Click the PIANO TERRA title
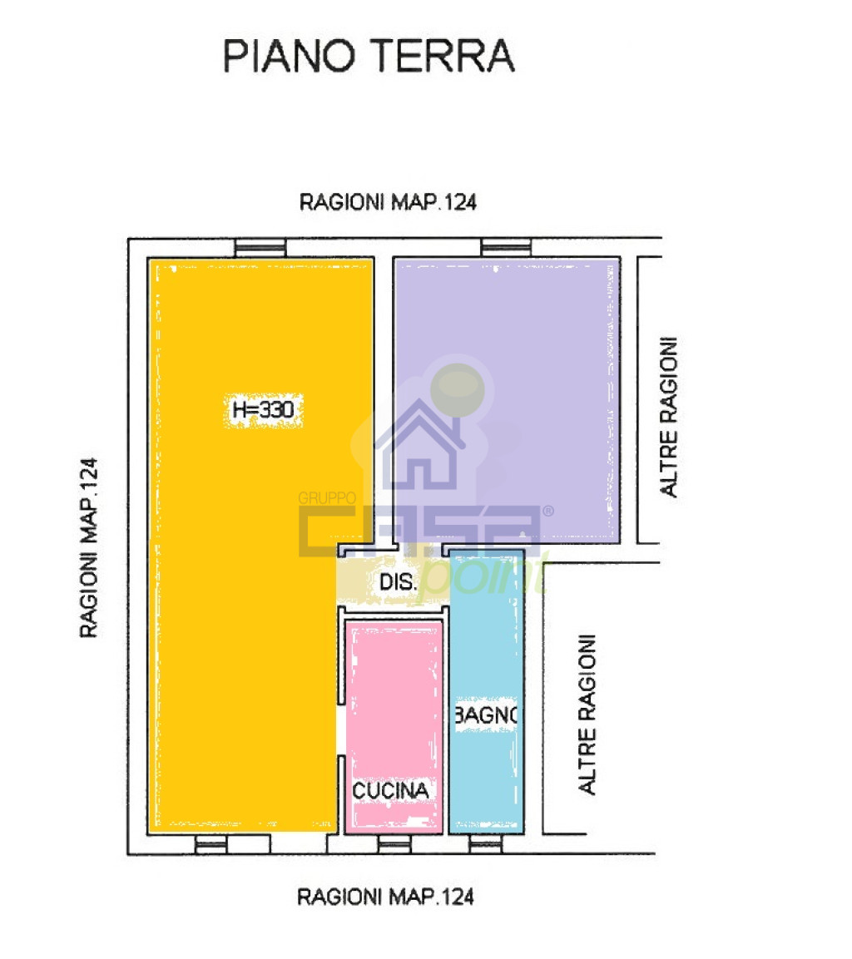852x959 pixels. click(x=369, y=56)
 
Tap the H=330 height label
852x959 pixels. click(x=263, y=409)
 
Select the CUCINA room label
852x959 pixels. click(x=391, y=790)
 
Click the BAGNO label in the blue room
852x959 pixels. click(x=486, y=714)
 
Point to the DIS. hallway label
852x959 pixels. click(x=398, y=581)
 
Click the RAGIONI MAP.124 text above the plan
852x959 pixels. click(x=388, y=202)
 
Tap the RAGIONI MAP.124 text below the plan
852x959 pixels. click(x=386, y=897)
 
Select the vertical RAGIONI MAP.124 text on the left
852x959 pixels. click(x=89, y=547)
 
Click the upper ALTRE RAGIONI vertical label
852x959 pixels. click(x=668, y=417)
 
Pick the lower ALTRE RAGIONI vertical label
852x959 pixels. click(x=587, y=714)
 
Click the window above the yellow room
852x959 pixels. click(x=260, y=248)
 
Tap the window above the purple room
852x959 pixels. click(x=506, y=248)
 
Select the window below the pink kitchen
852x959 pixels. click(x=394, y=844)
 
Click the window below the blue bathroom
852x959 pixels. click(x=486, y=844)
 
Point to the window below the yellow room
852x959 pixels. click(x=211, y=844)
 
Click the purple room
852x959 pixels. click(x=507, y=401)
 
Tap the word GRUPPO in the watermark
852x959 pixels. click(x=327, y=498)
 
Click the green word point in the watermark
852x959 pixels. click(x=483, y=575)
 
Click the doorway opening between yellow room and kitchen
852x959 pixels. click(x=341, y=730)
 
